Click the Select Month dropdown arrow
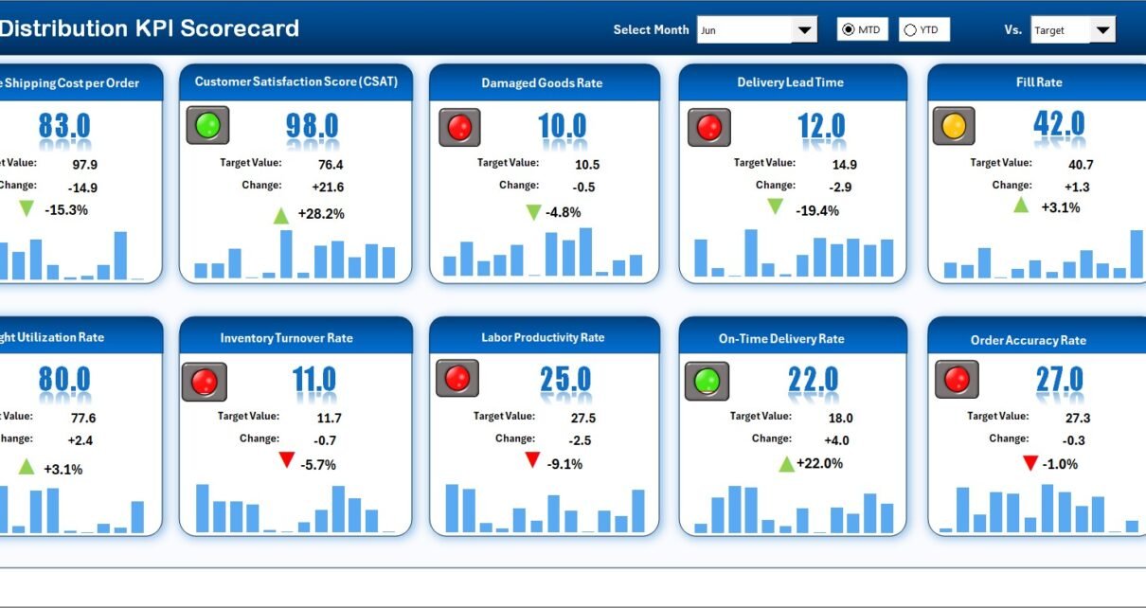(804, 30)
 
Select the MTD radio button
(848, 30)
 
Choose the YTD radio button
(910, 30)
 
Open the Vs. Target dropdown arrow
(1101, 30)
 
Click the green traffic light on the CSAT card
(207, 125)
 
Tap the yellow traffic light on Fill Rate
(954, 125)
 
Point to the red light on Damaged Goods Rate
(459, 127)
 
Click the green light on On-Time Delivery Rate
(707, 381)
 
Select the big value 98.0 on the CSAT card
(312, 126)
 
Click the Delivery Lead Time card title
(790, 82)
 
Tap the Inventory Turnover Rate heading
(286, 338)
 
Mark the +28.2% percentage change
(321, 214)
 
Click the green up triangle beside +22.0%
(786, 464)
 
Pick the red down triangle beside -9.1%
(532, 460)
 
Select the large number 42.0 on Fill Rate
(1059, 124)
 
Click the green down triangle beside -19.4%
(776, 206)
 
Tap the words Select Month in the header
(651, 30)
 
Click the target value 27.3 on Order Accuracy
(1078, 418)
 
